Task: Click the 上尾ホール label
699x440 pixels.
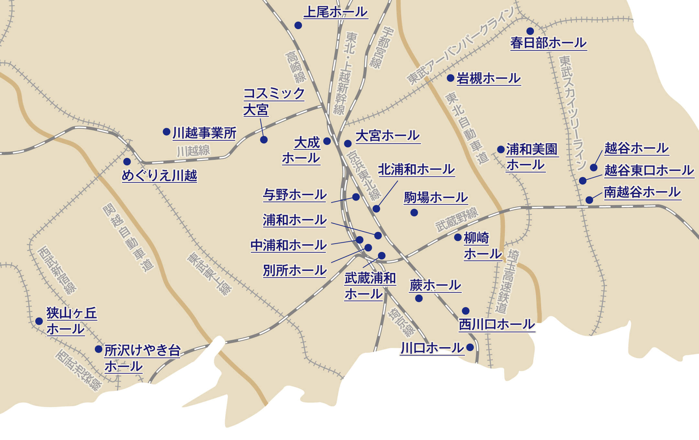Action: (x=336, y=12)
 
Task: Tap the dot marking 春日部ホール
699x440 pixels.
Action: (x=530, y=31)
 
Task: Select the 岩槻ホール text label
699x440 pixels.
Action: (x=488, y=79)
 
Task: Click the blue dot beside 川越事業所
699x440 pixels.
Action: (x=166, y=132)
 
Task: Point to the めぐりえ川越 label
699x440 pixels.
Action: (x=159, y=176)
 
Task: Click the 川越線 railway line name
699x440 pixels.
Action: (x=193, y=151)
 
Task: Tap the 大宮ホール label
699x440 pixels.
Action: (x=387, y=136)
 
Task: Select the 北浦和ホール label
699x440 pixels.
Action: (x=416, y=170)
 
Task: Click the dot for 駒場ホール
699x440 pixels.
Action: (x=414, y=213)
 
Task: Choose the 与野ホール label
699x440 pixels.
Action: (x=294, y=195)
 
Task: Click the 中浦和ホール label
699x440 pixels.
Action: (x=288, y=246)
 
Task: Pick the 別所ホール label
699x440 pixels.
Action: (x=294, y=271)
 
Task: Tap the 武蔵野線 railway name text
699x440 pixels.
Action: (x=456, y=220)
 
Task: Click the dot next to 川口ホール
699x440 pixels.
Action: (x=470, y=347)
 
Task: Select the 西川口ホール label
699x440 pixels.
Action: (x=497, y=324)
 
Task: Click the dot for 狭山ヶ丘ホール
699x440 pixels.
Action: (x=39, y=321)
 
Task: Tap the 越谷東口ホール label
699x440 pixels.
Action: (x=649, y=170)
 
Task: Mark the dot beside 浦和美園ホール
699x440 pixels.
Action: (x=501, y=149)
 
